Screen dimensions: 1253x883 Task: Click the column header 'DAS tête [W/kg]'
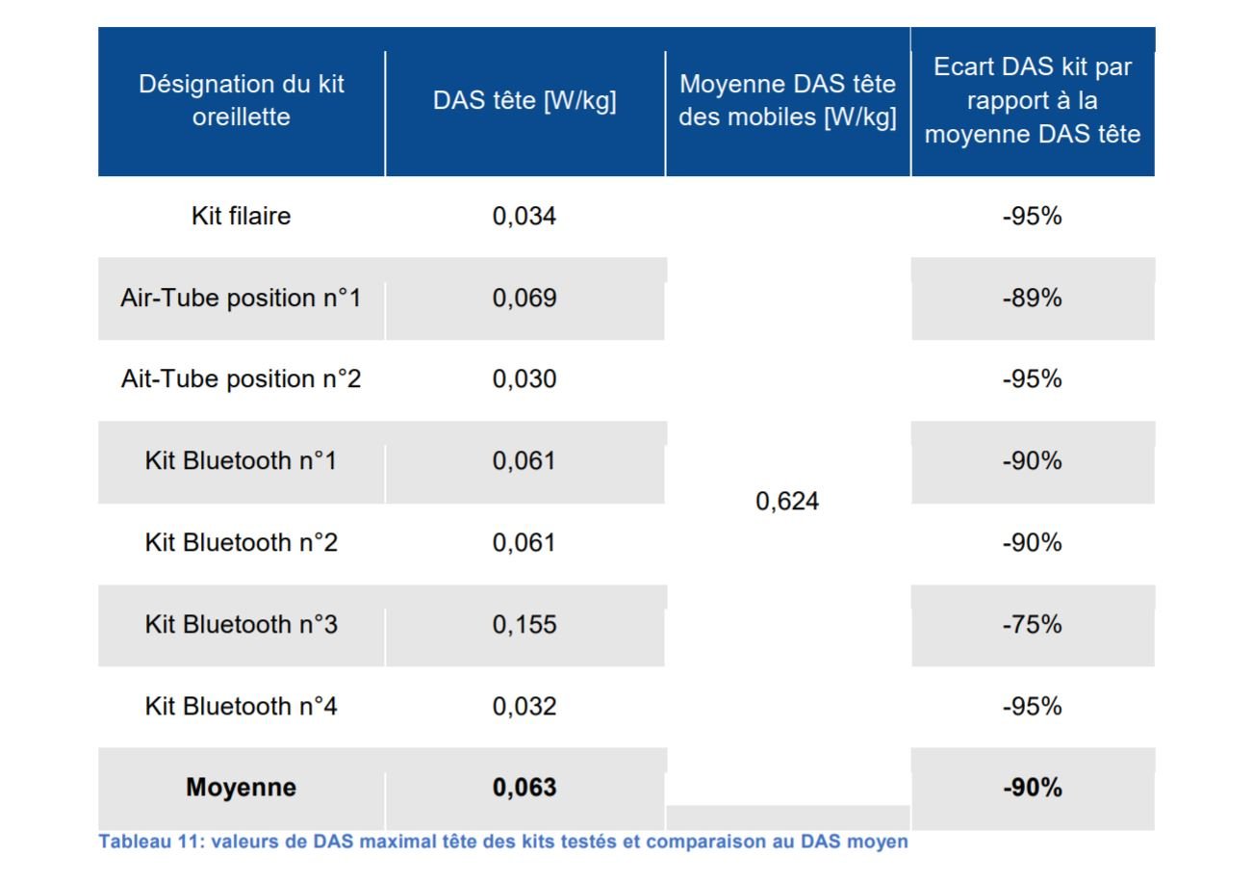(x=524, y=101)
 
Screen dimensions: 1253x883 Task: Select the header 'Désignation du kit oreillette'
(x=242, y=100)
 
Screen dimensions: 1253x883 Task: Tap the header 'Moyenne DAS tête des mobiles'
(x=787, y=100)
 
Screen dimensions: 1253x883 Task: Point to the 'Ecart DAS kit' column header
(x=1032, y=100)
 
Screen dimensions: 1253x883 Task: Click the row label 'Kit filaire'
(x=242, y=216)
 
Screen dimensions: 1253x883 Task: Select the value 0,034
(x=524, y=216)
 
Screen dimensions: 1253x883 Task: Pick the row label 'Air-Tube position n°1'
(x=242, y=298)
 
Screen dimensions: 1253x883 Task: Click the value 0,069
(x=524, y=298)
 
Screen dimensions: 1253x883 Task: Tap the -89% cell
(x=1032, y=298)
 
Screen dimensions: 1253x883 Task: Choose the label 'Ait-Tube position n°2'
(x=242, y=378)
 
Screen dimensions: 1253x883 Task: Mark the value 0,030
(x=524, y=379)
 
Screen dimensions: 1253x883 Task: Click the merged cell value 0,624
(x=787, y=501)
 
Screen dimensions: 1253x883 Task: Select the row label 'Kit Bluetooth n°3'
(x=242, y=624)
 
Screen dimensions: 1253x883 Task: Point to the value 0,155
(x=524, y=625)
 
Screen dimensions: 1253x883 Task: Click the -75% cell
(x=1032, y=625)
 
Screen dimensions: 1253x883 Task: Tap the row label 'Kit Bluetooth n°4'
(x=242, y=706)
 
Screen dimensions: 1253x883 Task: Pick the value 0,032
(x=524, y=707)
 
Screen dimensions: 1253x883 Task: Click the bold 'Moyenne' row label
(x=242, y=788)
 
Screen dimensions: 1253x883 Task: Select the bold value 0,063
(x=524, y=788)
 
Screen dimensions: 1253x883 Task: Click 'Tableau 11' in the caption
(x=148, y=842)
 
